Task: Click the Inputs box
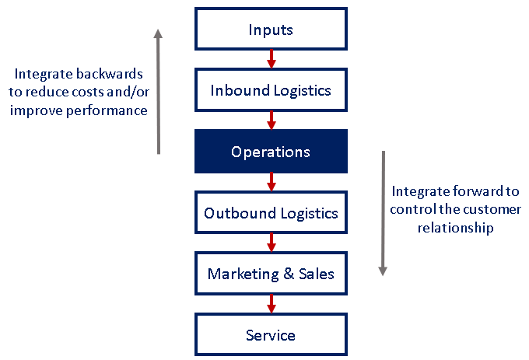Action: tap(271, 30)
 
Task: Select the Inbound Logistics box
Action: tap(271, 90)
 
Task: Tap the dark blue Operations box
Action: tap(271, 152)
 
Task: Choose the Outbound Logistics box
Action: tap(271, 212)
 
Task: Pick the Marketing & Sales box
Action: tap(271, 274)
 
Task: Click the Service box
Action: tap(271, 335)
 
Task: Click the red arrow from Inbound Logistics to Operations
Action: tap(271, 120)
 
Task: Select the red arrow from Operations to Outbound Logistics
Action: tap(271, 181)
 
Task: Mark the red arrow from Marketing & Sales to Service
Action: tap(271, 303)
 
